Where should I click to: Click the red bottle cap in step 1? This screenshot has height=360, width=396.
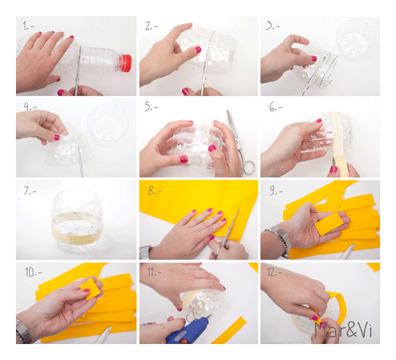(125, 63)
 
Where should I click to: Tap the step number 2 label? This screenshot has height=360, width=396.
(151, 26)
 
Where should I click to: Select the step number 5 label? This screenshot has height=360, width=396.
(151, 107)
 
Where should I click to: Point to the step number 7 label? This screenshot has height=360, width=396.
(30, 191)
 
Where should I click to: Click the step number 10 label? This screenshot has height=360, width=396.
(33, 272)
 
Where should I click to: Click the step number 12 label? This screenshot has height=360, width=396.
(275, 272)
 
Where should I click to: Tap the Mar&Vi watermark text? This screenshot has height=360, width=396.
(344, 329)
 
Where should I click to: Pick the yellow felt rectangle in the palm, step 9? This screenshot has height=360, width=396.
(329, 224)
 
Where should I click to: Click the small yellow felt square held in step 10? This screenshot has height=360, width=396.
(89, 289)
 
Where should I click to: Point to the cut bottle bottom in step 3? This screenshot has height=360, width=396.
(355, 38)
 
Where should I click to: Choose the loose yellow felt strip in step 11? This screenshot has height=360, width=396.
(229, 330)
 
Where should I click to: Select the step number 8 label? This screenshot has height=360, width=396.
(155, 191)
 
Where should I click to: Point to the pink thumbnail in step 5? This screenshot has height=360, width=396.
(213, 148)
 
